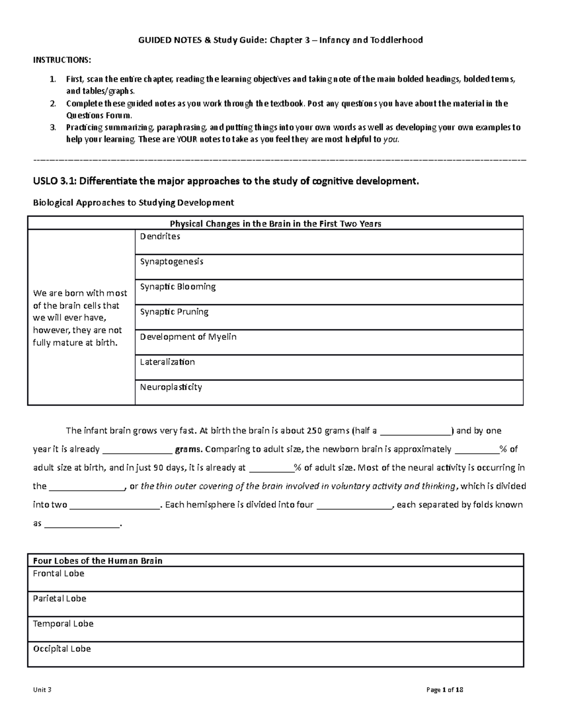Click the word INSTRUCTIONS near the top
tap(62, 60)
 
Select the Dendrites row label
tap(160, 236)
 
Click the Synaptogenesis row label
tap(171, 262)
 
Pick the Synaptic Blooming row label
tap(177, 286)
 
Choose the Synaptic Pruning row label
tap(174, 312)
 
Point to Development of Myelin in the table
tap(188, 337)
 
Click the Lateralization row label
tap(167, 362)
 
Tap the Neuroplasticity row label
tap(171, 387)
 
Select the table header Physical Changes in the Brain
tap(275, 224)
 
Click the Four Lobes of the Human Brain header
tap(97, 561)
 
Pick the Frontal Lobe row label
tap(59, 573)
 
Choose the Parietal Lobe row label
tap(59, 599)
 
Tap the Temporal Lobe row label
tap(63, 624)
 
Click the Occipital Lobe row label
tap(62, 649)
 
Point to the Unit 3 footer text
tap(42, 690)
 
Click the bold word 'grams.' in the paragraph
tap(188, 449)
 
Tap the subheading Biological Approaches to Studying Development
tap(133, 203)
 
